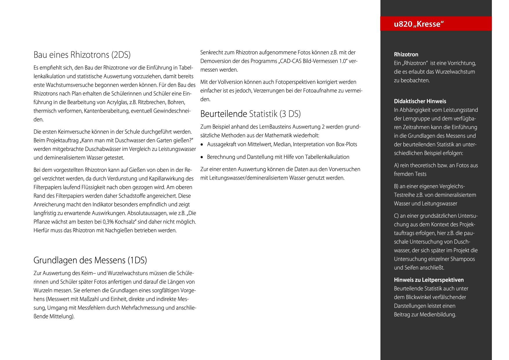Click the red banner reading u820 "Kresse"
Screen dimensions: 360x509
click(x=436, y=24)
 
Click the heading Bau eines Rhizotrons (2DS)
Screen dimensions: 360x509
click(x=82, y=55)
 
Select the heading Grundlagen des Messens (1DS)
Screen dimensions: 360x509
click(x=90, y=260)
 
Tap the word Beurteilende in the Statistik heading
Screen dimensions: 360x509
click(x=223, y=114)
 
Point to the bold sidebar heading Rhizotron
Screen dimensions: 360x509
click(x=406, y=54)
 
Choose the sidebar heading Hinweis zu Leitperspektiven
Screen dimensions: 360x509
click(x=429, y=280)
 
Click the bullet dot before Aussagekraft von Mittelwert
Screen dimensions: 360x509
click(x=202, y=145)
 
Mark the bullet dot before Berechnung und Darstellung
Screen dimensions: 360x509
click(x=202, y=157)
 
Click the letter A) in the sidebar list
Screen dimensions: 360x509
click(x=396, y=165)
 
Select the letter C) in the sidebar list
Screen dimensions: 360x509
click(x=396, y=216)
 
